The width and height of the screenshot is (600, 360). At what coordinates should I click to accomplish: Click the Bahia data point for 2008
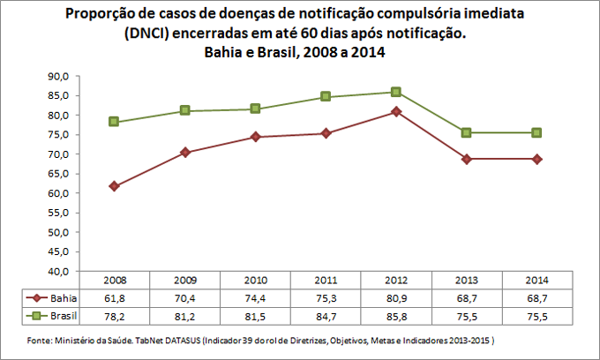pyautogui.click(x=114, y=186)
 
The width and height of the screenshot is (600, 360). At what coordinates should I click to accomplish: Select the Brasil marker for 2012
pyautogui.click(x=396, y=92)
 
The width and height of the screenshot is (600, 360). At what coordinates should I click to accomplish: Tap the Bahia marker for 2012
pyautogui.click(x=396, y=111)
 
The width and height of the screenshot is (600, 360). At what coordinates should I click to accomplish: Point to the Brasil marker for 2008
pyautogui.click(x=114, y=122)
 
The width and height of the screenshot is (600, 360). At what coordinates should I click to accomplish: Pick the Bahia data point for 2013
pyautogui.click(x=467, y=159)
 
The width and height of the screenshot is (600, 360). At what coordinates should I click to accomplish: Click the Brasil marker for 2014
pyautogui.click(x=537, y=132)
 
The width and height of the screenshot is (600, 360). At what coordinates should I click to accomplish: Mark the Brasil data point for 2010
pyautogui.click(x=255, y=109)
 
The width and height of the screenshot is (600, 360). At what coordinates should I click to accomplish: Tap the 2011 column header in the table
pyautogui.click(x=326, y=280)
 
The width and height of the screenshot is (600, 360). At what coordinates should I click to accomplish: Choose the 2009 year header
pyautogui.click(x=184, y=280)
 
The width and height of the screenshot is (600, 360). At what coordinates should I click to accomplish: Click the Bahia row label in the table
pyautogui.click(x=62, y=297)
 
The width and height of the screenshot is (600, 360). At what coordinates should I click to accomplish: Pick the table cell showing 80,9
pyautogui.click(x=396, y=297)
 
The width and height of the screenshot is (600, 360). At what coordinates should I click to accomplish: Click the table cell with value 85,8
pyautogui.click(x=396, y=314)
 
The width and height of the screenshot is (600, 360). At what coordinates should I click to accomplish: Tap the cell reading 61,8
pyautogui.click(x=114, y=297)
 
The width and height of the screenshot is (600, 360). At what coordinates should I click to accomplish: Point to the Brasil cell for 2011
pyautogui.click(x=326, y=314)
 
